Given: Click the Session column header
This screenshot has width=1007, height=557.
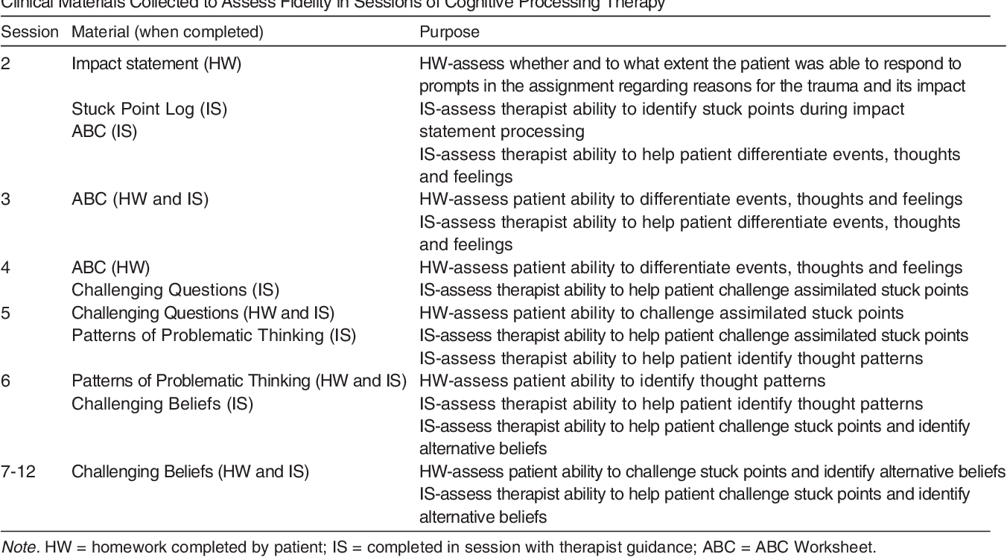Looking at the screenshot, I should point(30,33).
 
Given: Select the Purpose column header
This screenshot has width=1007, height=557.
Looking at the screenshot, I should point(450,33).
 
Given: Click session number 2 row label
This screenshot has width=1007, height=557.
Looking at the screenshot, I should point(6,64).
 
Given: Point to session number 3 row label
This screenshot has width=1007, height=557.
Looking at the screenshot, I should point(6,200).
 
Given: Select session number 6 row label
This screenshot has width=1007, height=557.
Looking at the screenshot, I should point(6,381).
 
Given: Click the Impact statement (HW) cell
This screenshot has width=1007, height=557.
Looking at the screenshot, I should point(156,64).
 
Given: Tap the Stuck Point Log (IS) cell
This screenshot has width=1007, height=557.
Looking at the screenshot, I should point(149,109).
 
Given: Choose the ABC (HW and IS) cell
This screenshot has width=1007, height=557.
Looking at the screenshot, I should point(140,200).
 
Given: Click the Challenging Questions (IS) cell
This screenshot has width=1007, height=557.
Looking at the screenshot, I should point(175,290).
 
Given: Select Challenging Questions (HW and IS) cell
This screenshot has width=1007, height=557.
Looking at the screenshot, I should point(203,313).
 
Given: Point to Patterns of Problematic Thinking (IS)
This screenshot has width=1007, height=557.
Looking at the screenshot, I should point(214,335).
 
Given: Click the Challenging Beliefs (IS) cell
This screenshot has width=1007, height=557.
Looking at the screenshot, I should point(162,404).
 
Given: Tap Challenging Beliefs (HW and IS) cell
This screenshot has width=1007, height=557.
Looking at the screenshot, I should point(190,471).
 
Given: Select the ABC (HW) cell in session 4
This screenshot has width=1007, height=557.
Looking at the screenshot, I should point(111,267).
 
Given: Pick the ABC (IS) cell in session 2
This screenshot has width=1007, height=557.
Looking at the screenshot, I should point(104,132).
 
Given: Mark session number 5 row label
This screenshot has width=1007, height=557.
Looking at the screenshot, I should point(6,313).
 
